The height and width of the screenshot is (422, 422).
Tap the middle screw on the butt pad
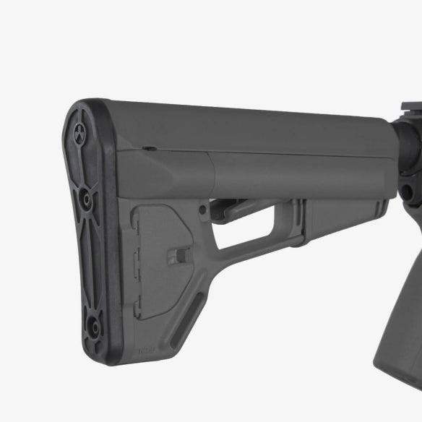click(x=85, y=196)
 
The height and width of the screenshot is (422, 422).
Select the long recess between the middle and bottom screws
click(x=90, y=260)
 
